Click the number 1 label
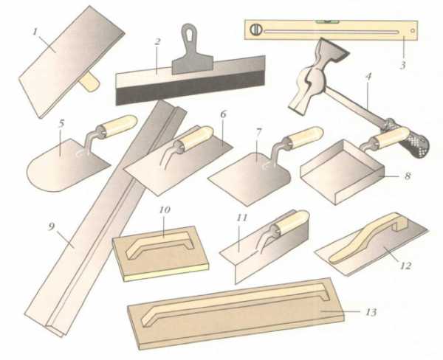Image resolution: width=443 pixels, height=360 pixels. point(35,32)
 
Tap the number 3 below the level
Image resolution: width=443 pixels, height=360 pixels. point(402,65)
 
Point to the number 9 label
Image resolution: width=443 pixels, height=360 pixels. point(51,226)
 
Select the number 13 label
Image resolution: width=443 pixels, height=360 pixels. point(371,312)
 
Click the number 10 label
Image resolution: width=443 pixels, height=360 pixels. point(165,210)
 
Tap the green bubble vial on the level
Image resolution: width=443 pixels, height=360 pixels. point(327,21)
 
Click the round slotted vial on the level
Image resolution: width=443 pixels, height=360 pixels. point(256,30)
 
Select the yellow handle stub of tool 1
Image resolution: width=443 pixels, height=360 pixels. point(89,81)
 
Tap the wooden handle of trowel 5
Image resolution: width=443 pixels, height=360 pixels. point(120,125)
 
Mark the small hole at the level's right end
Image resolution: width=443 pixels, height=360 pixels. point(413,30)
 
